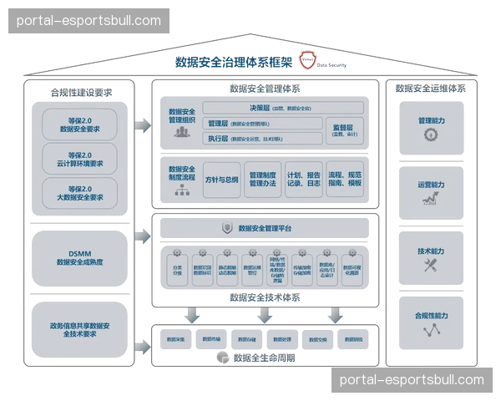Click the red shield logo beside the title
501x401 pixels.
pyautogui.click(x=308, y=60)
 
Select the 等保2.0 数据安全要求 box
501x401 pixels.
pyautogui.click(x=81, y=125)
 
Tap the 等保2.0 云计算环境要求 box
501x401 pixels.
pyautogui.click(x=81, y=159)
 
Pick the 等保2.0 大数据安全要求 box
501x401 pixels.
pyautogui.click(x=81, y=193)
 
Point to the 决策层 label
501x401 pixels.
pyautogui.click(x=260, y=108)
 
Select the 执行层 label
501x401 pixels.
pyautogui.click(x=218, y=138)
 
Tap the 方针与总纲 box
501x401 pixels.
pyautogui.click(x=221, y=180)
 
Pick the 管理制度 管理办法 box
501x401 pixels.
pyautogui.click(x=262, y=180)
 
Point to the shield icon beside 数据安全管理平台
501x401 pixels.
pyautogui.click(x=226, y=227)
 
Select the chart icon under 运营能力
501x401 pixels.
pyautogui.click(x=430, y=200)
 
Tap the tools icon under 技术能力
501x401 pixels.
pyautogui.click(x=430, y=265)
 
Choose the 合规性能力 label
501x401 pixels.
pyautogui.click(x=430, y=316)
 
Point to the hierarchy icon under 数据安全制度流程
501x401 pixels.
pyautogui.click(x=181, y=190)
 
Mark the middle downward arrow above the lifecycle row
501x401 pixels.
pyautogui.click(x=265, y=316)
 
